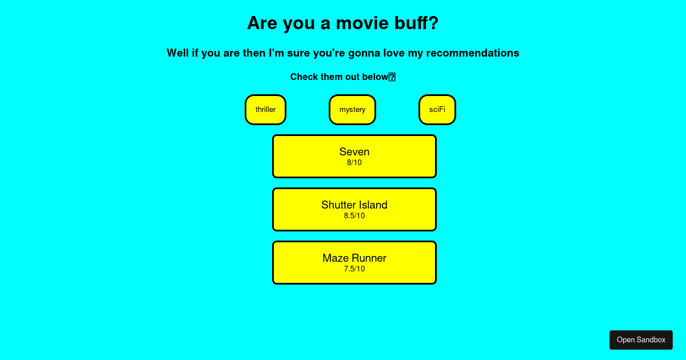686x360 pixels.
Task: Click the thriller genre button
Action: coord(265,110)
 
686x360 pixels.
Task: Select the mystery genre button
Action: coord(352,110)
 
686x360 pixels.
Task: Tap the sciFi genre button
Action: coord(437,110)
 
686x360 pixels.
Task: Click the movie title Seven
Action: coord(354,152)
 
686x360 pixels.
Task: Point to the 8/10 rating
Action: coord(354,162)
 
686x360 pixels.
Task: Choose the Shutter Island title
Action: coord(354,205)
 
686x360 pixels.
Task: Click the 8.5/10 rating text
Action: coord(354,216)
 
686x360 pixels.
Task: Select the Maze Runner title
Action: coord(354,258)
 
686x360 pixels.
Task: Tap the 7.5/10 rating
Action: coord(354,269)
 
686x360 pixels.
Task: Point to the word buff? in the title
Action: coord(417,23)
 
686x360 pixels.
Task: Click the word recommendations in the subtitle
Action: coord(473,53)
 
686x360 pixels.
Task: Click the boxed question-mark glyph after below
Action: coord(392,77)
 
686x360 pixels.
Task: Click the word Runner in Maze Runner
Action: coord(369,258)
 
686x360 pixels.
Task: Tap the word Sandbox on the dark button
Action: coord(651,340)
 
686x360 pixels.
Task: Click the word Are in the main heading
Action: coord(262,23)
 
